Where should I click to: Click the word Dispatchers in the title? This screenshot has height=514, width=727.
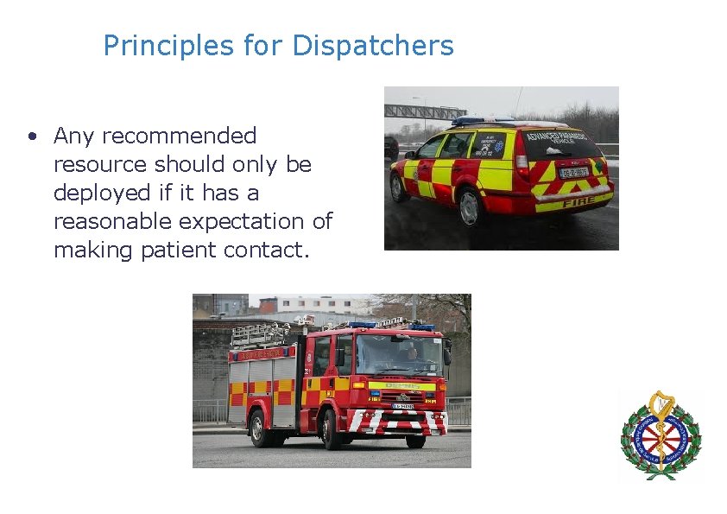373,46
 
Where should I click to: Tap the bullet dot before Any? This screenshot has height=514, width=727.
31,136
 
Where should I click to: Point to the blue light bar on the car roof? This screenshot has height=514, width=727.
484,121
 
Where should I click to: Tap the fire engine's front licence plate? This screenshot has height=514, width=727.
403,406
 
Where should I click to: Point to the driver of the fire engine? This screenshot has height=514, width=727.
413,353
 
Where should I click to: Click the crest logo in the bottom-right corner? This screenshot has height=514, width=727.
661,435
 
